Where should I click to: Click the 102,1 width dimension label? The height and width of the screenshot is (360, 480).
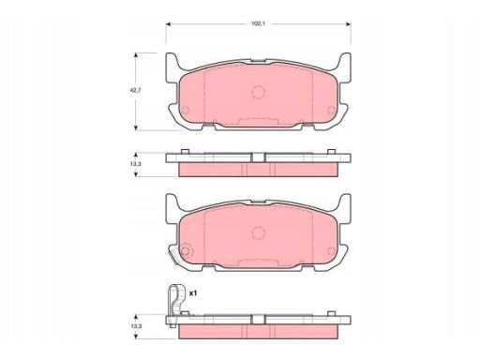pyautogui.click(x=258, y=23)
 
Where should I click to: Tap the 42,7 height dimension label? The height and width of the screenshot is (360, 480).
pyautogui.click(x=135, y=91)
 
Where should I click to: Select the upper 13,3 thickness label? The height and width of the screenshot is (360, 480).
pyautogui.click(x=135, y=164)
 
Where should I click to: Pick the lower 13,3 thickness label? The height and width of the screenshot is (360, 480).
pyautogui.click(x=135, y=326)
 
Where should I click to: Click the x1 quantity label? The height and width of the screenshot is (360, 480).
pyautogui.click(x=193, y=293)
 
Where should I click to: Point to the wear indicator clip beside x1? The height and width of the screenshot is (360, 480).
pyautogui.click(x=175, y=304)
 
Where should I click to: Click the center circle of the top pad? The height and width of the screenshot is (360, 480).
pyautogui.click(x=259, y=92)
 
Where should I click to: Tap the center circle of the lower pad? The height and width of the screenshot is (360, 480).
pyautogui.click(x=259, y=232)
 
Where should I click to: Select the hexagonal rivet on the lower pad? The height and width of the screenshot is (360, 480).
pyautogui.click(x=186, y=250)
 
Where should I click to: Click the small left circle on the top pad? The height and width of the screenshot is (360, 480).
pyautogui.click(x=185, y=110)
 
